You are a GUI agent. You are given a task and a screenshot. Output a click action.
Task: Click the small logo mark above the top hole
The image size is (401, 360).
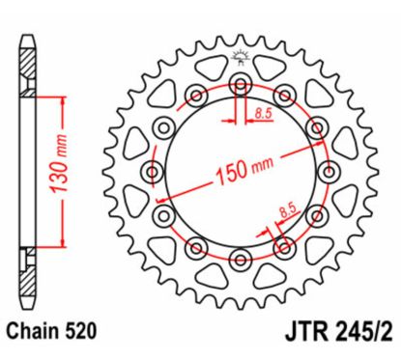click(x=241, y=56)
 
